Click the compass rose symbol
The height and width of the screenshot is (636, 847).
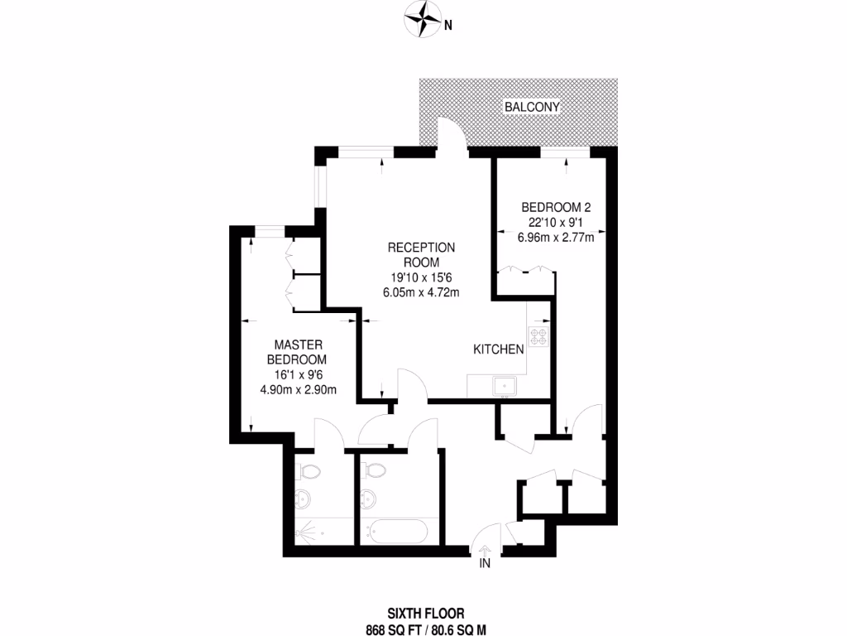[423, 20]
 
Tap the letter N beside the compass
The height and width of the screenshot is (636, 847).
[447, 25]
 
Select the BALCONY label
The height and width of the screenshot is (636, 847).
[534, 107]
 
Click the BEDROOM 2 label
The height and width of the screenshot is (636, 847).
[555, 207]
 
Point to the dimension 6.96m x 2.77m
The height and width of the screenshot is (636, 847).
[555, 236]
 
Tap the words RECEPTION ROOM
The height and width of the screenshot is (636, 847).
[422, 254]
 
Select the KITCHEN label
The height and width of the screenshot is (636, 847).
[499, 349]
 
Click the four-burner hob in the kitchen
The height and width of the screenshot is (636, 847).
[539, 336]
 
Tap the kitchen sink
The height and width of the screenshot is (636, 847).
[504, 385]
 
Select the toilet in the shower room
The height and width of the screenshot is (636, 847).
[309, 470]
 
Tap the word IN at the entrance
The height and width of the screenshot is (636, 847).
[485, 564]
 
